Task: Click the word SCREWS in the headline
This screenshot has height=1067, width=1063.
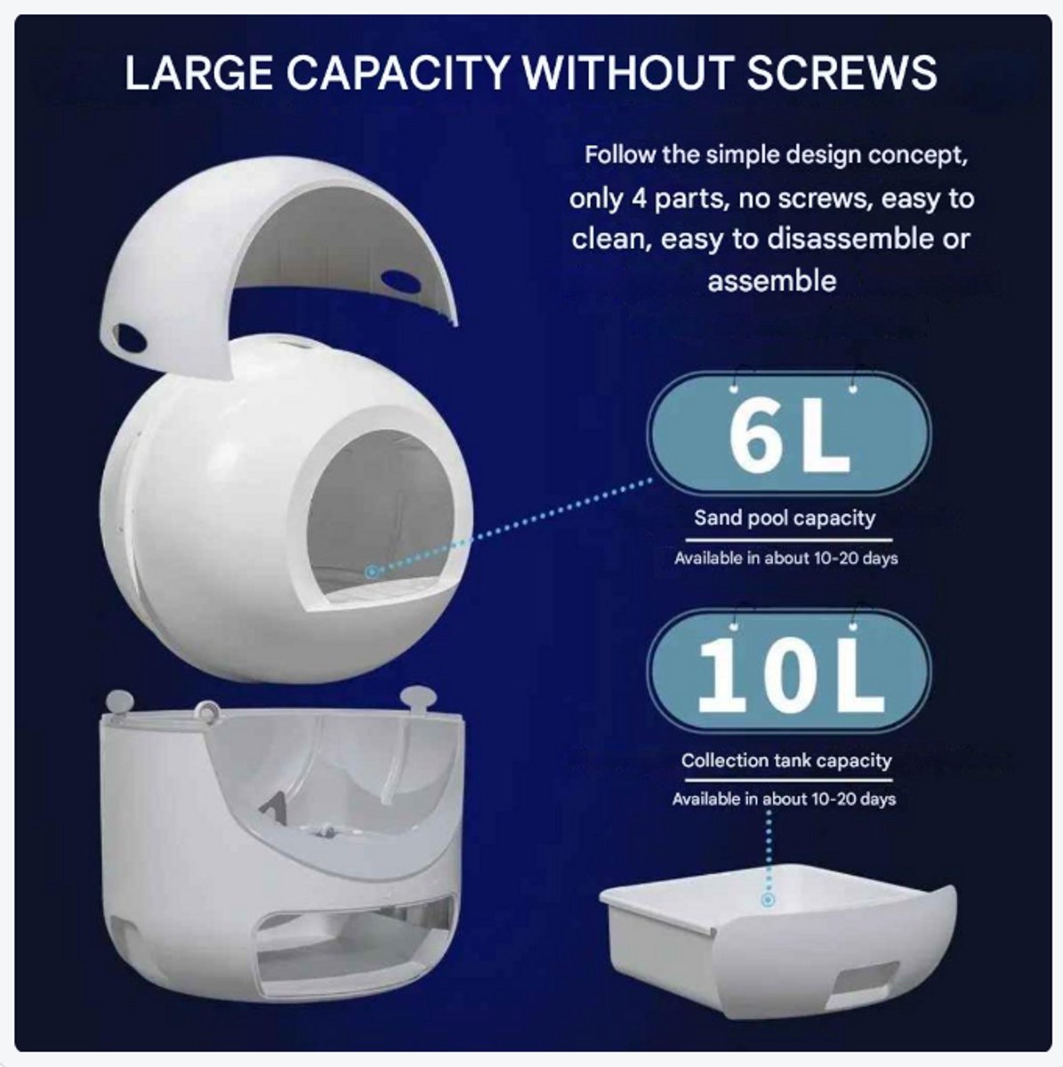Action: point(842,73)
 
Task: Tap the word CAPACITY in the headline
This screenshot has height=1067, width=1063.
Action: point(398,73)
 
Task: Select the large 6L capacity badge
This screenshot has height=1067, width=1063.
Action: point(789,434)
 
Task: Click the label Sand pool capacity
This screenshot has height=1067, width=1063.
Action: point(785,518)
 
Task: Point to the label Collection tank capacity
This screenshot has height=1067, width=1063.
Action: point(786,760)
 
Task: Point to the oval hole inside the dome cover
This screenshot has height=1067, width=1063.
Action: point(401,277)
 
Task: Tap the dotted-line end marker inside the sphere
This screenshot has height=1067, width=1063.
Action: point(373,571)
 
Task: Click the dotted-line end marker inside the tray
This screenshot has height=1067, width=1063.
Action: point(769,901)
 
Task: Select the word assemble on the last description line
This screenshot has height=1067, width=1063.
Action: point(771,280)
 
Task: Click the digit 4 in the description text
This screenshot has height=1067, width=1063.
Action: point(639,197)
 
